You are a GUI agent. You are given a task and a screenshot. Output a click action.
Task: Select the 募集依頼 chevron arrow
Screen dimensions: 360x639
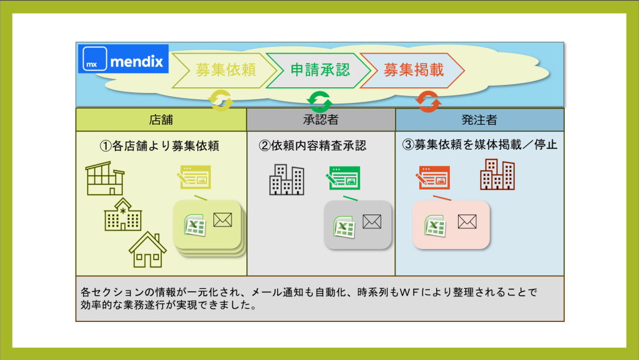[x=225, y=70]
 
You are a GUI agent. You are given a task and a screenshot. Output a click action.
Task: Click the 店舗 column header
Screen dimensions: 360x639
[x=161, y=119]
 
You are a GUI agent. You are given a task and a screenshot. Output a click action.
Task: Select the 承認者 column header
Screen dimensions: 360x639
[x=321, y=119]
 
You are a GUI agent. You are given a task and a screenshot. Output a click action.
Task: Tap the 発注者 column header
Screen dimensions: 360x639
[x=479, y=119]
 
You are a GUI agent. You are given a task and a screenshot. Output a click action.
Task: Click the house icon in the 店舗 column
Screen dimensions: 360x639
[x=147, y=250]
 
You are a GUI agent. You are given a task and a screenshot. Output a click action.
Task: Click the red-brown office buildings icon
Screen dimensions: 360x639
[x=497, y=174]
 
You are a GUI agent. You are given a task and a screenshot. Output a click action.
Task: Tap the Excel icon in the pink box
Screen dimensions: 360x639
[x=434, y=224]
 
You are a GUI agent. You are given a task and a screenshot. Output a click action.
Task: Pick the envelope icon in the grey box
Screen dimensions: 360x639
[x=372, y=221]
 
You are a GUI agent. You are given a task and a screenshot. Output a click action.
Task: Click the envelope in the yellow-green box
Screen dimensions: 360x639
[x=222, y=220]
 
